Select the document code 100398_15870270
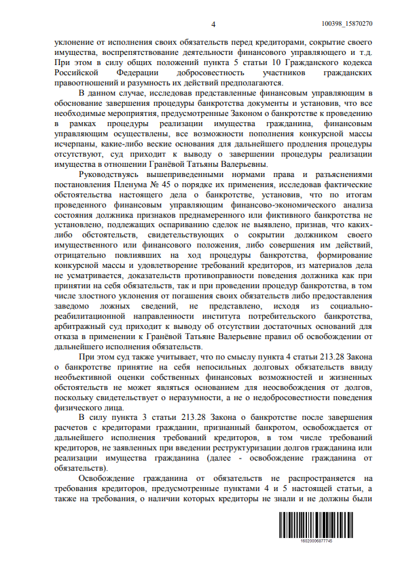click(352, 24)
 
